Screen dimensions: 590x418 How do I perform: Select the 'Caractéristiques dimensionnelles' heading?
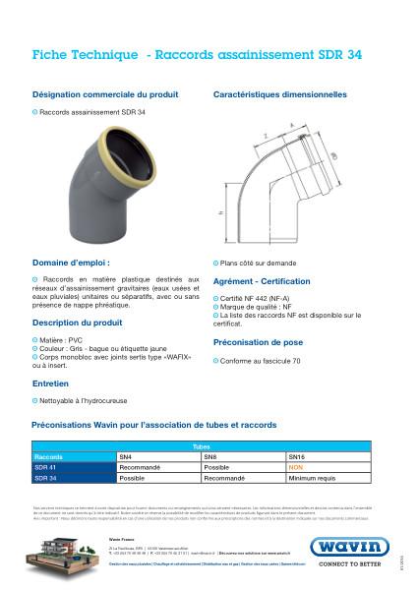tap(280, 95)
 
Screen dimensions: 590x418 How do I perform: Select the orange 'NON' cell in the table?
tap(294, 468)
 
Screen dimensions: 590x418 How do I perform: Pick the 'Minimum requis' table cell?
tap(310, 478)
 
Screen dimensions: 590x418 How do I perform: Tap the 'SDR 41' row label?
tap(46, 468)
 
